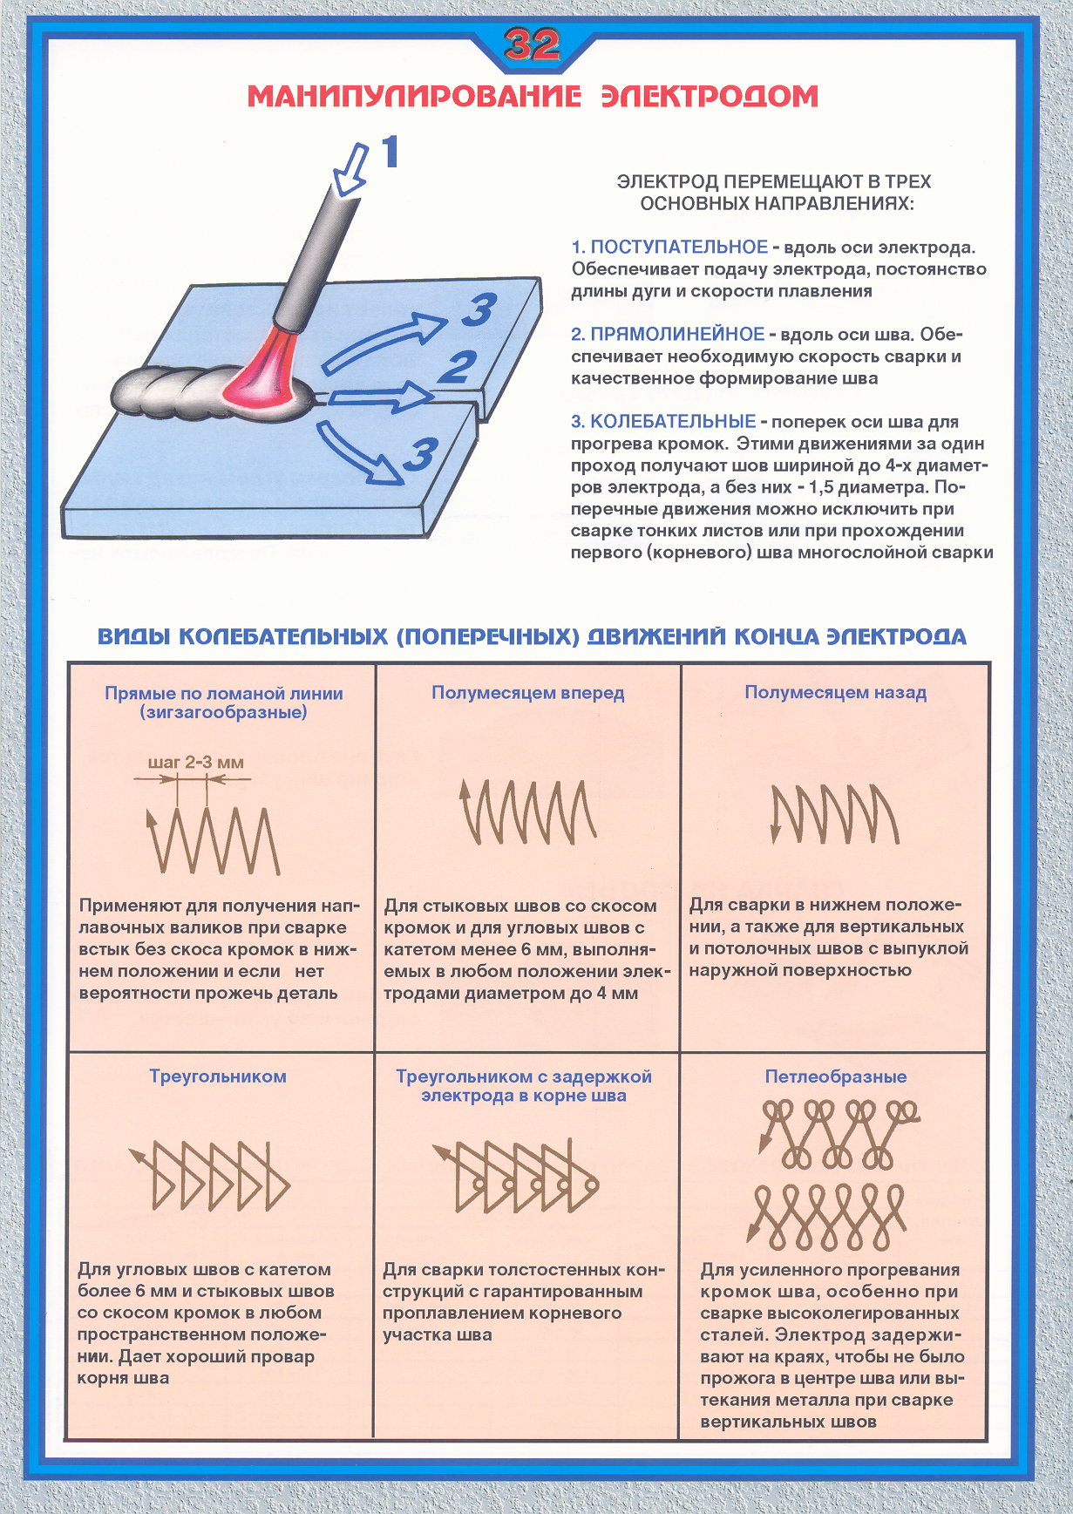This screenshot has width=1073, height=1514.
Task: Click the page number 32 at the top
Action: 532,44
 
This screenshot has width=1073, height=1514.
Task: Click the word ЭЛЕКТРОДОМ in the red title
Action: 710,96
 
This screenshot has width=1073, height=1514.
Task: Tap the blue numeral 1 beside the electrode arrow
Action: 390,152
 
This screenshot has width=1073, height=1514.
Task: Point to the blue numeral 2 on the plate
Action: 458,367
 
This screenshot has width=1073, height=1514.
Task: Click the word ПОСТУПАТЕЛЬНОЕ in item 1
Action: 679,248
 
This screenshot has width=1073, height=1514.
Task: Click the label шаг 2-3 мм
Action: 196,763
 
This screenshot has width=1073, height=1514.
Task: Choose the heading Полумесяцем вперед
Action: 528,693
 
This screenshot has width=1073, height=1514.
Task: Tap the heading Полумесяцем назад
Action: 835,693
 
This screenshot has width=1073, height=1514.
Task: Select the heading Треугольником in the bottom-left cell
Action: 218,1076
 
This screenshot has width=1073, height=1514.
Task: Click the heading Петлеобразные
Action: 835,1076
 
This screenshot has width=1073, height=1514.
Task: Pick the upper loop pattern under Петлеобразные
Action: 837,1133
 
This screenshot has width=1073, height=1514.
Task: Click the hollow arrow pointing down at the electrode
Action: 350,171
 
